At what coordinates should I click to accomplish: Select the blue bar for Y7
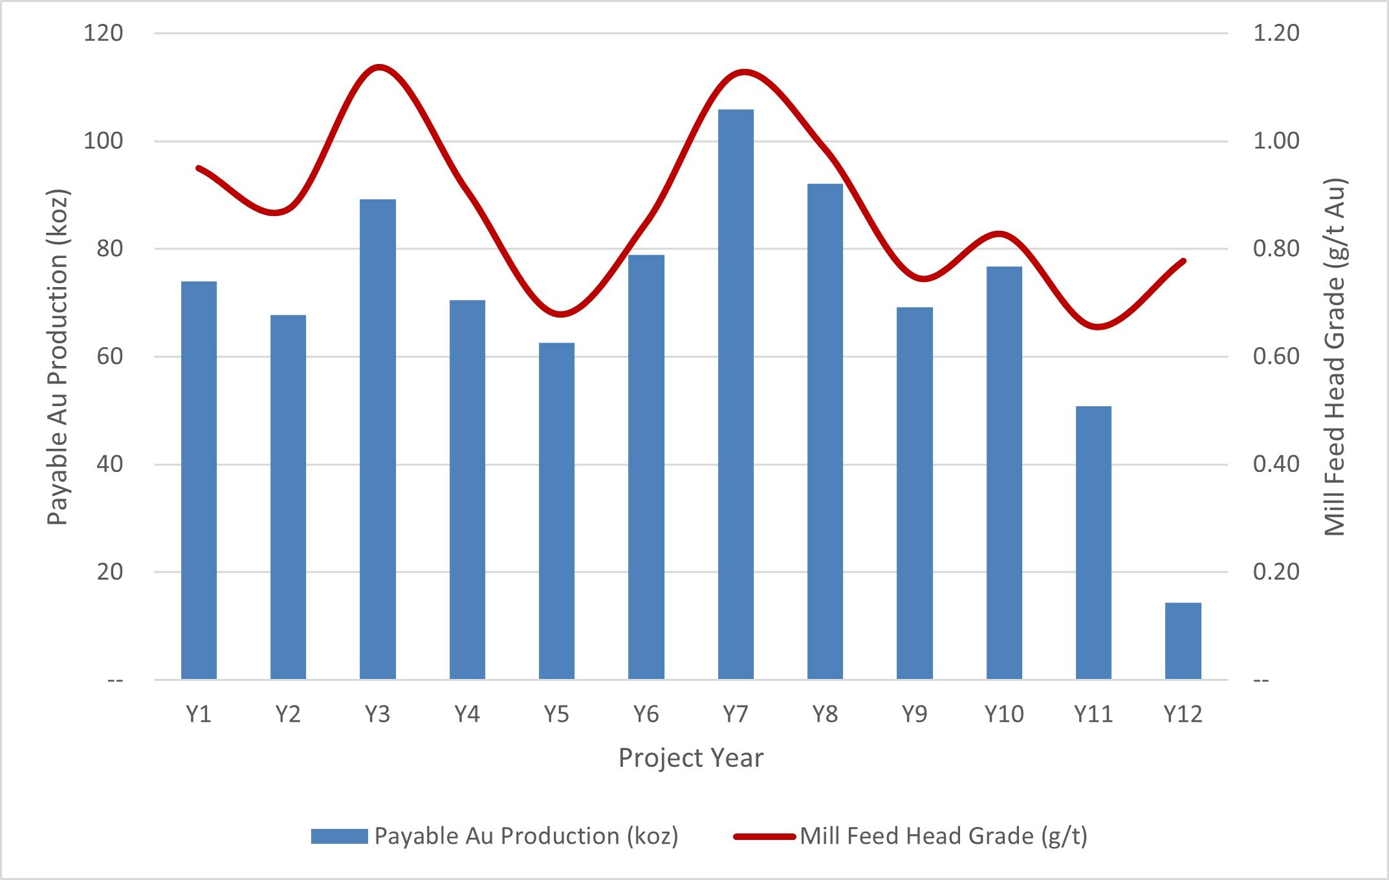[736, 394]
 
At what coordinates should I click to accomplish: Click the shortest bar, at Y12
[1183, 641]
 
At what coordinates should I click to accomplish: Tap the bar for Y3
[378, 440]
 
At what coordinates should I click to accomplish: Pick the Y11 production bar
[1093, 542]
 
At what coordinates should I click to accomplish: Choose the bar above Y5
[556, 511]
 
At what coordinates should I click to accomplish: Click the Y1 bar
[199, 480]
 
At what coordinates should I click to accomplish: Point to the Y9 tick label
[914, 714]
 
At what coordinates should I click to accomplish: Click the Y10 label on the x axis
[1003, 714]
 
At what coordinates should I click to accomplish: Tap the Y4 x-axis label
[466, 714]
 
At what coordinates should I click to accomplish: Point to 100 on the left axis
[103, 141]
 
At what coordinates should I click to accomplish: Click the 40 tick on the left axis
[109, 464]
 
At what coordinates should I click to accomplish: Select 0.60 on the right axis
[1276, 356]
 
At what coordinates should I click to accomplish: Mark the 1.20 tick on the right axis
[1276, 33]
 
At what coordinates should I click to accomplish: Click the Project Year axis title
[690, 758]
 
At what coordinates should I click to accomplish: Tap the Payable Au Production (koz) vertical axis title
[58, 357]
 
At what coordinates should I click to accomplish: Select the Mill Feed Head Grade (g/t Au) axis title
[1335, 357]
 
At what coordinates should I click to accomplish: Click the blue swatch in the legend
[339, 836]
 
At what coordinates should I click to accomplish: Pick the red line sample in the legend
[764, 836]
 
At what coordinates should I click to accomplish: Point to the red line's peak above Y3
[379, 67]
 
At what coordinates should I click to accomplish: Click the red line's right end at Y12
[1184, 261]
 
